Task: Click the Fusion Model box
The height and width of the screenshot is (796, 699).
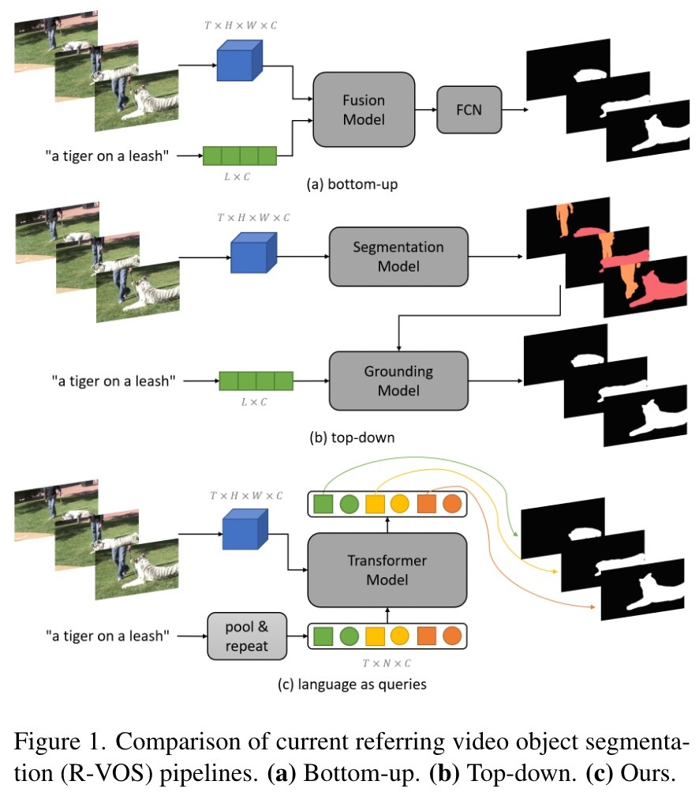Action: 364,109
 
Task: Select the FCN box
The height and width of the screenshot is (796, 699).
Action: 469,109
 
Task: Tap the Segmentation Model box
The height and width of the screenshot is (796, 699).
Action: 398,256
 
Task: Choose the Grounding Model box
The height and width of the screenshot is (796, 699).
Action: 398,381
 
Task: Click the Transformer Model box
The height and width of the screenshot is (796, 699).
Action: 387,570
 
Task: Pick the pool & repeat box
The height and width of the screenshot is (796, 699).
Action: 245,636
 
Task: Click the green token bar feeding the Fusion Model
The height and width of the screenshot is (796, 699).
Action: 240,156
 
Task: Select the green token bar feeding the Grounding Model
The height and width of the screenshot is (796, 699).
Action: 256,381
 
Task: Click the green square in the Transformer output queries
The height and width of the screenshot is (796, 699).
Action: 321,502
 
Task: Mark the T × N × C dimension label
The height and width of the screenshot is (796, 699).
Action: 388,662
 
